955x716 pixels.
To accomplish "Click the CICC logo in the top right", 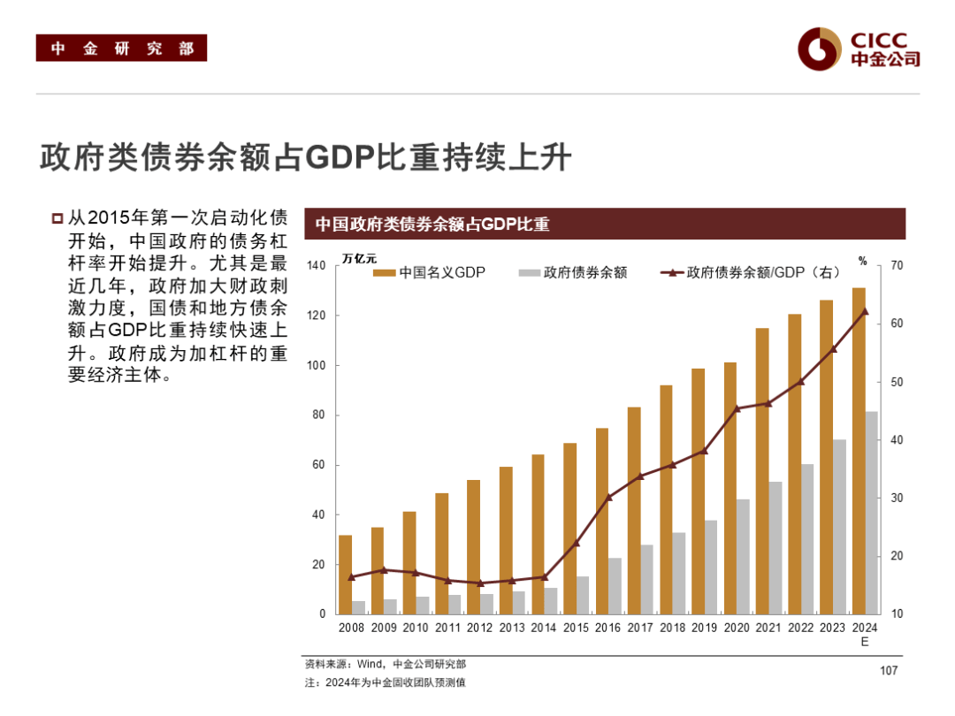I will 858,48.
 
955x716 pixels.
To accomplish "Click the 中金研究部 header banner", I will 121,48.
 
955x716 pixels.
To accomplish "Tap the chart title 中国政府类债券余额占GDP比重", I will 432,225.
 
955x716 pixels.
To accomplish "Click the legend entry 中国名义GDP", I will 430,272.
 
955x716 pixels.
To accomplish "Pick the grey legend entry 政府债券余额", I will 574,272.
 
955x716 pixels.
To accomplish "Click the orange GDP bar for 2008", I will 345,575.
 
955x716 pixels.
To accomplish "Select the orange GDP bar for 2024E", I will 859,451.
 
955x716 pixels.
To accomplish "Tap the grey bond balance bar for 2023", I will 839,527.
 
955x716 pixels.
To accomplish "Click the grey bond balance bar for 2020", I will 743,557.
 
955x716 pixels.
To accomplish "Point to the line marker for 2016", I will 608,497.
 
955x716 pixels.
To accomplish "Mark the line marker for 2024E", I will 865,311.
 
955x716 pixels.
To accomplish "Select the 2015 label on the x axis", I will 576,628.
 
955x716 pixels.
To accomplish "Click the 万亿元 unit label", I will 359,259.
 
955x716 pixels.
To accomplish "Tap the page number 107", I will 888,671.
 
